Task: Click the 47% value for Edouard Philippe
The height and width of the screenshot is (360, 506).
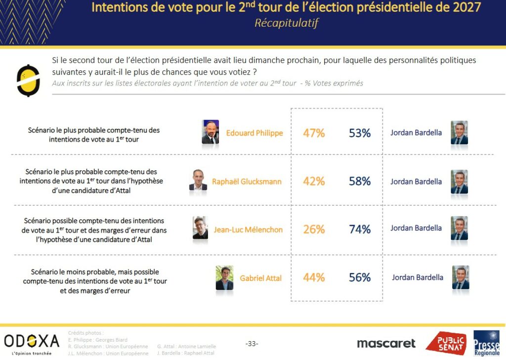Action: (314, 133)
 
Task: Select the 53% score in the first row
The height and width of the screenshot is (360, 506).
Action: (360, 133)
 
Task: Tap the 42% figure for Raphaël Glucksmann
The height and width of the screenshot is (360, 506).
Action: (314, 181)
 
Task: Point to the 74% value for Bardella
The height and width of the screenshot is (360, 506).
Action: (360, 229)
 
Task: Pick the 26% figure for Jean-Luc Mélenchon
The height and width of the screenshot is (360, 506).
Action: (314, 229)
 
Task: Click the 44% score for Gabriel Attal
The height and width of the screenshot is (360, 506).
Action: (314, 278)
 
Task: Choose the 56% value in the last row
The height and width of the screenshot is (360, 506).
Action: (360, 278)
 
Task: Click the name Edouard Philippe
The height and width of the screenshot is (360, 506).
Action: (254, 133)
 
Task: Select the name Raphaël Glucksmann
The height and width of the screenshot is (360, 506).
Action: (247, 181)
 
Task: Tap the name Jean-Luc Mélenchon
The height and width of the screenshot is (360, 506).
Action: (248, 229)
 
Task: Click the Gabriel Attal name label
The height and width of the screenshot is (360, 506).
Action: (260, 278)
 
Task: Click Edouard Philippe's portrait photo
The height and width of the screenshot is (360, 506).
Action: (211, 132)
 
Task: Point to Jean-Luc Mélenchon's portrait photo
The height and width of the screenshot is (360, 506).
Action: (200, 228)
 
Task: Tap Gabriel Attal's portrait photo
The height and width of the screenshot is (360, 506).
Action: (224, 278)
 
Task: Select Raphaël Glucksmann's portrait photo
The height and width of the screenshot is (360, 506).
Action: (198, 180)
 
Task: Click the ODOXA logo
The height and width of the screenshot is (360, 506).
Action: (32, 342)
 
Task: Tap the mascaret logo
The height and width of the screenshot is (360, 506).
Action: (386, 343)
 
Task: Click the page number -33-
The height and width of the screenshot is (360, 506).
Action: (252, 344)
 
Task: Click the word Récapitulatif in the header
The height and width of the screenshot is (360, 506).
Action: (286, 23)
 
